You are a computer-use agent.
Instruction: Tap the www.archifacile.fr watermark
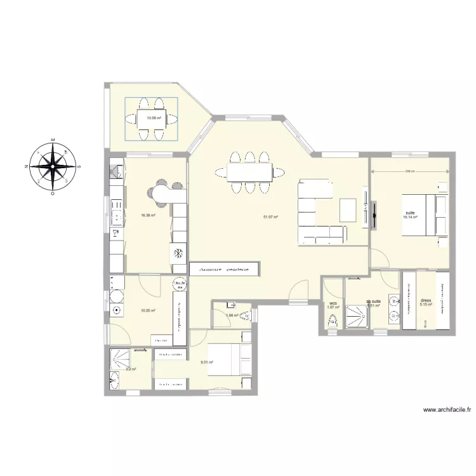[x=447, y=411]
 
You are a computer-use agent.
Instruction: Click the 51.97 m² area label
[x=271, y=217]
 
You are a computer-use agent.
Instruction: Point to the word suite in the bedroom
[x=410, y=213]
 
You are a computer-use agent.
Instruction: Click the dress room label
[x=426, y=301]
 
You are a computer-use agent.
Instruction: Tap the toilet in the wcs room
[x=331, y=321]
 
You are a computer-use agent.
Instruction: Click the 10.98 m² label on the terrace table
[x=153, y=117]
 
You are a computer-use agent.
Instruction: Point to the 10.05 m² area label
[x=149, y=310]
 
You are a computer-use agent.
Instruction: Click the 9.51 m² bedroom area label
[x=206, y=362]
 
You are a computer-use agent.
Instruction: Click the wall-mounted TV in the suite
[x=374, y=214]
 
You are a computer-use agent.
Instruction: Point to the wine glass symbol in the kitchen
[x=114, y=233]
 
